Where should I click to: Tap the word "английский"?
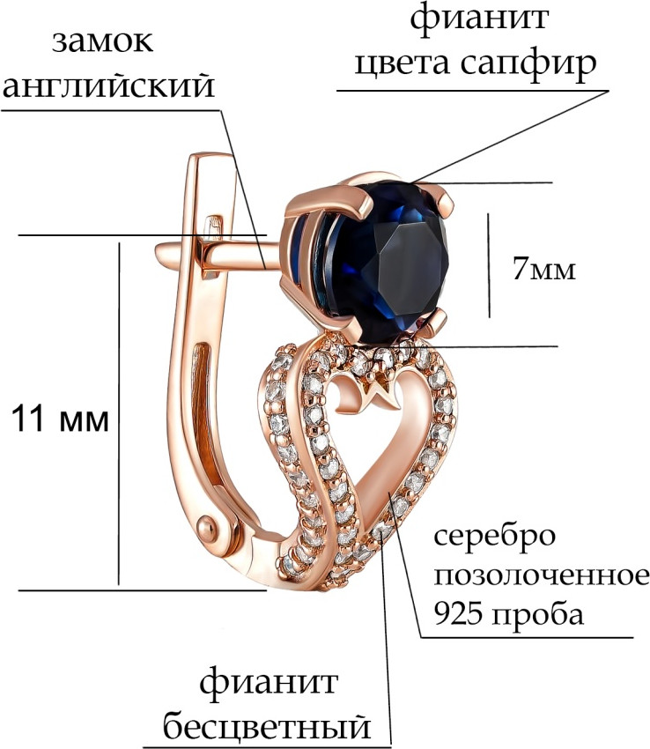[x=109, y=87]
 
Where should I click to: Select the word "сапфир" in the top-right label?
[x=528, y=64]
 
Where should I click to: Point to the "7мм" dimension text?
[x=544, y=270]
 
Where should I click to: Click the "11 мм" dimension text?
[x=61, y=419]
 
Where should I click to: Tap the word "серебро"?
[x=495, y=538]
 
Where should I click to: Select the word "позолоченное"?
[x=542, y=575]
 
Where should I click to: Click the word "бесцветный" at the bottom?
[x=267, y=726]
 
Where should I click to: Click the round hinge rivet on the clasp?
[x=211, y=528]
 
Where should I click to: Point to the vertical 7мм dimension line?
[x=489, y=265]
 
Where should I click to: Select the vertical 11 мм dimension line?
[x=118, y=413]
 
